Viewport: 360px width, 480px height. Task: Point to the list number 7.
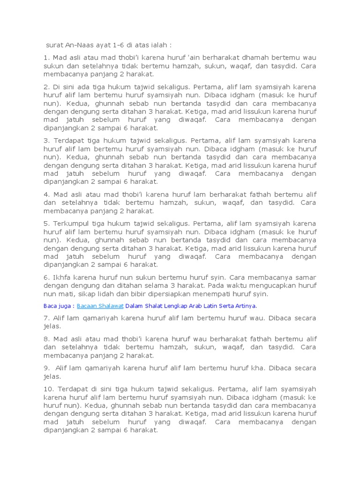(47, 318)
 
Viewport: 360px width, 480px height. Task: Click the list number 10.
(49, 389)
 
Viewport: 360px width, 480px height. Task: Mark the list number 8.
(47, 339)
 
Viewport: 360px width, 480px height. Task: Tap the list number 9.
(47, 368)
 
